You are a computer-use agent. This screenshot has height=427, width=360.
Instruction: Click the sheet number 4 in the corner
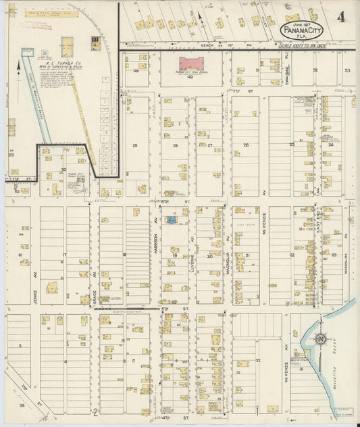pos(343,16)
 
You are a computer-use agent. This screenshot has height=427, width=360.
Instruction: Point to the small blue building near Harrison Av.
pos(174,220)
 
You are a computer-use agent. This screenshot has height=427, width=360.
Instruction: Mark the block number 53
pos(347,70)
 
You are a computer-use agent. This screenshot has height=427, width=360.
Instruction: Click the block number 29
pos(134,145)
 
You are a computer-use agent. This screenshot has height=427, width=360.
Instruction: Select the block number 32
pos(258,361)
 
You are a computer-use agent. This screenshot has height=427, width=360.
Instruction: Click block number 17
pos(65,255)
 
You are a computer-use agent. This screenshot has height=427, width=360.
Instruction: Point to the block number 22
pos(292,255)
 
